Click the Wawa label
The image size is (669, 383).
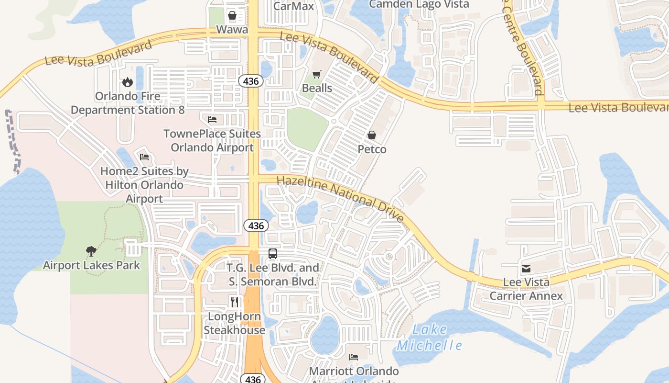tap(232, 30)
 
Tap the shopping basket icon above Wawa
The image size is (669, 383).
tap(232, 15)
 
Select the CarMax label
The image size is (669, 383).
tap(294, 6)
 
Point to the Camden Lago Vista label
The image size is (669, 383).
tap(419, 4)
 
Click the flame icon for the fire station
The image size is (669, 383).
tap(127, 82)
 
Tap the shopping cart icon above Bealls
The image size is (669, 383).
tap(316, 74)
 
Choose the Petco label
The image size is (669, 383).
tap(372, 149)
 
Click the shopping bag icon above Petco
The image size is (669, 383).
tap(372, 135)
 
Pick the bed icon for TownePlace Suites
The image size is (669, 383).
tap(212, 119)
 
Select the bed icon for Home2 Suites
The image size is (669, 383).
tap(144, 157)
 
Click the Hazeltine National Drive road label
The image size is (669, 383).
tap(340, 198)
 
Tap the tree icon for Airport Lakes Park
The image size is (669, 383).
tap(91, 251)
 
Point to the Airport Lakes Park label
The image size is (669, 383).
tap(91, 265)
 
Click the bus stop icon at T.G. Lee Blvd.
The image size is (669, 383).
tap(273, 254)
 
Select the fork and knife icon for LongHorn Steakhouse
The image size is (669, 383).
tap(234, 302)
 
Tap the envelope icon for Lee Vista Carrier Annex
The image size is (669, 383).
tap(526, 269)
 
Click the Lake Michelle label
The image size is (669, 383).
tap(429, 338)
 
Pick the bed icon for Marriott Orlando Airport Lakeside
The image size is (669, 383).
tap(354, 357)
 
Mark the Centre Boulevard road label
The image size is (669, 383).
tap(523, 48)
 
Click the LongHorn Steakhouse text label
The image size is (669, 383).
tap(234, 323)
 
